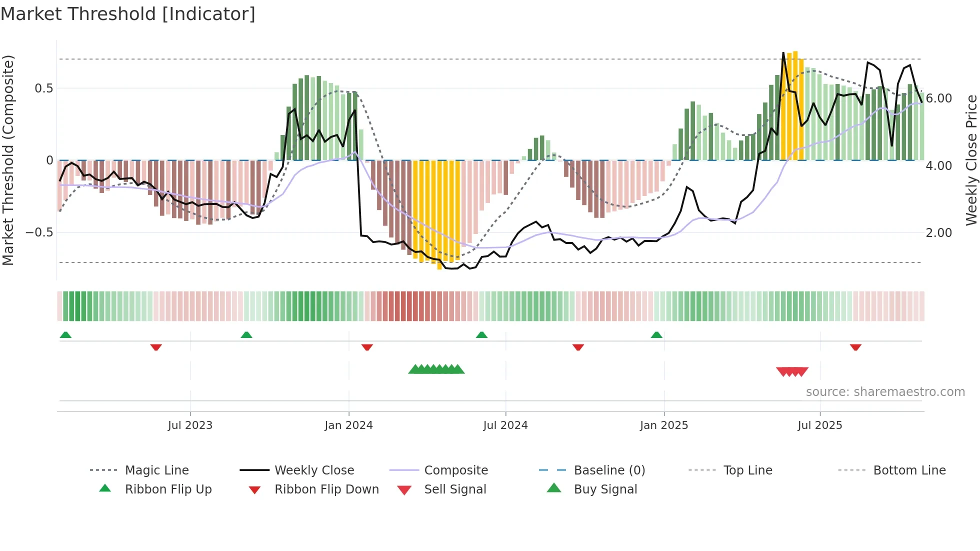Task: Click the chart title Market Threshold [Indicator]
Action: (128, 14)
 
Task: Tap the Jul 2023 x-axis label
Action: (190, 425)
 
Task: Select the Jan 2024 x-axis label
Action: (348, 425)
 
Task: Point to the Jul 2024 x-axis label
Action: (505, 425)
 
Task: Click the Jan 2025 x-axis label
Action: (663, 425)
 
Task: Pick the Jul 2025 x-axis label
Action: (819, 425)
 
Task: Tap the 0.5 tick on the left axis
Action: (43, 88)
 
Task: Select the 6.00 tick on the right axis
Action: (938, 98)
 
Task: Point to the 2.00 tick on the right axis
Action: (938, 233)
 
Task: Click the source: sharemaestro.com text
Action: (885, 392)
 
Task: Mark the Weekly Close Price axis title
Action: (971, 160)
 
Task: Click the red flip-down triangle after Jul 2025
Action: (855, 347)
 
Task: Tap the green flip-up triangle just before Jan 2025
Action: (656, 335)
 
